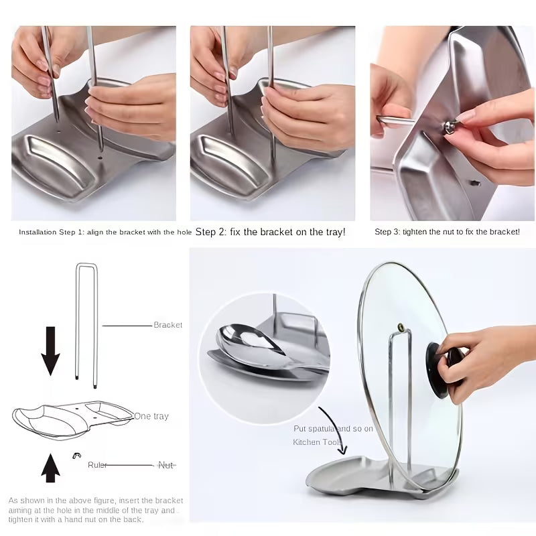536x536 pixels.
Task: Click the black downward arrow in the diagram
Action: click(x=50, y=349)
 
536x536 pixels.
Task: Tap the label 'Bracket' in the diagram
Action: click(x=167, y=325)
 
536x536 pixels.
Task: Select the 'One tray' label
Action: click(x=151, y=416)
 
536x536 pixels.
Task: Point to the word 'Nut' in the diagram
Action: click(x=165, y=464)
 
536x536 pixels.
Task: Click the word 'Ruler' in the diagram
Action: click(x=97, y=464)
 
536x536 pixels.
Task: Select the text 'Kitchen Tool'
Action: click(x=316, y=442)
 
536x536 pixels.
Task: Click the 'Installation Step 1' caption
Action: click(x=105, y=232)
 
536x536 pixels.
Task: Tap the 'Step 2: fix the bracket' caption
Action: click(x=270, y=232)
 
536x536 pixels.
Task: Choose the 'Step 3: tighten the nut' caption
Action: click(x=447, y=232)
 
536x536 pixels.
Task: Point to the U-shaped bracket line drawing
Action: click(x=86, y=322)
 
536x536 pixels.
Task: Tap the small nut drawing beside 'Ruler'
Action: click(x=77, y=456)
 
